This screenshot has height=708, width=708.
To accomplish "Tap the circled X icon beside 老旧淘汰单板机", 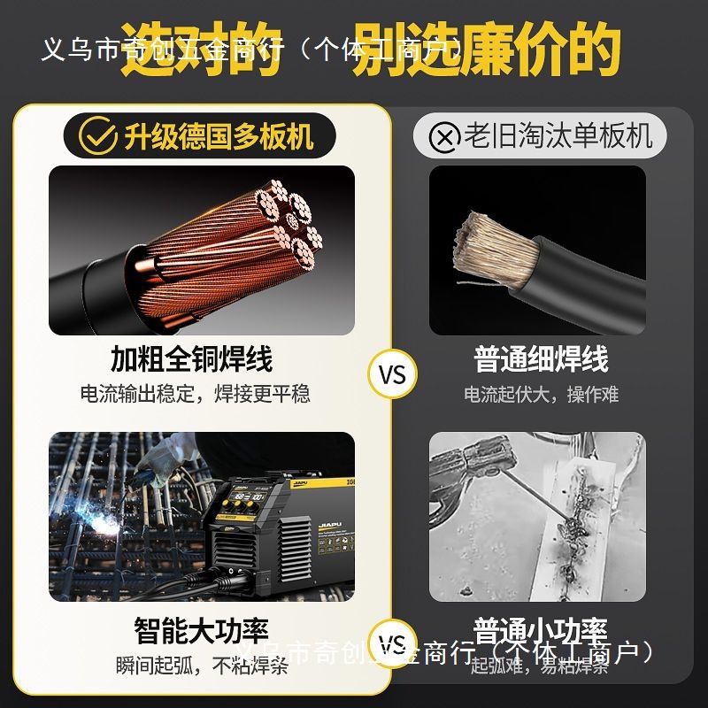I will pos(444,137).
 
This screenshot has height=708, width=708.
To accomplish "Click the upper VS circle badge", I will pos(391,374).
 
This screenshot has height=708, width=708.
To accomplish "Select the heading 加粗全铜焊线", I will pos(191,359).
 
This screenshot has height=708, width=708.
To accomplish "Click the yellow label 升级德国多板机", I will pos(218,136).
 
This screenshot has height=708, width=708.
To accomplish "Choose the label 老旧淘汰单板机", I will pos(558,136).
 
